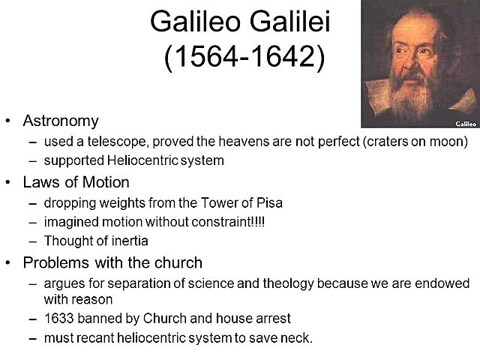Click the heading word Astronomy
pos(60,121)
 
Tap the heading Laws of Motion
pos(76,181)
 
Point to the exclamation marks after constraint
pos(259,222)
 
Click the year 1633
pos(59,317)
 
